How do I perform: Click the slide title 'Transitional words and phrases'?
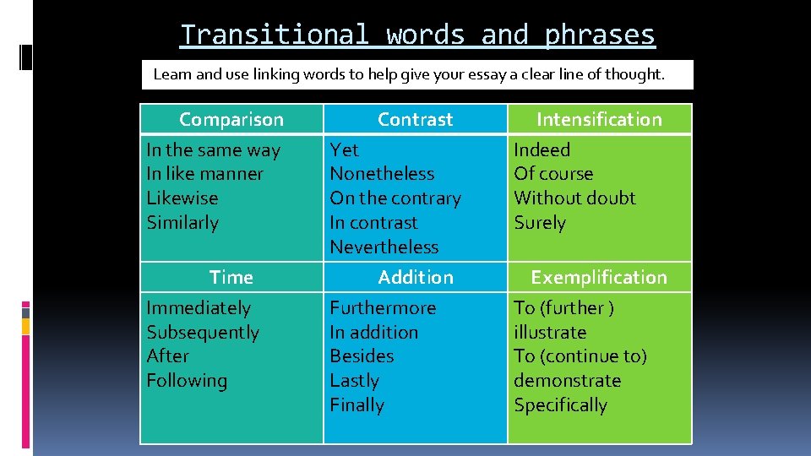417,35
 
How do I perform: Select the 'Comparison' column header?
231,119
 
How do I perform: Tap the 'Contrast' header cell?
415,119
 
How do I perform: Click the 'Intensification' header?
599,119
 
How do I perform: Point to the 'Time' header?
231,277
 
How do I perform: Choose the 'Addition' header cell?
415,277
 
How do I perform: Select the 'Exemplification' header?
598,277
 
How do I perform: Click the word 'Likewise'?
182,198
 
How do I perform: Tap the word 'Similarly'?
182,223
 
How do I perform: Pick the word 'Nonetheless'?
382,174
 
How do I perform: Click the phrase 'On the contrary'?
395,198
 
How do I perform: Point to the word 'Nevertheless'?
384,247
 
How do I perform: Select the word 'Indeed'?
542,149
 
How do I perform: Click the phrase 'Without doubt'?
574,198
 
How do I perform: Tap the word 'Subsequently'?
203,333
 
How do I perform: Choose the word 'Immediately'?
199,308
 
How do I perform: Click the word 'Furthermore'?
383,308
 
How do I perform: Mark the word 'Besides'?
362,356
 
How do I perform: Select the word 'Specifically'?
560,405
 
